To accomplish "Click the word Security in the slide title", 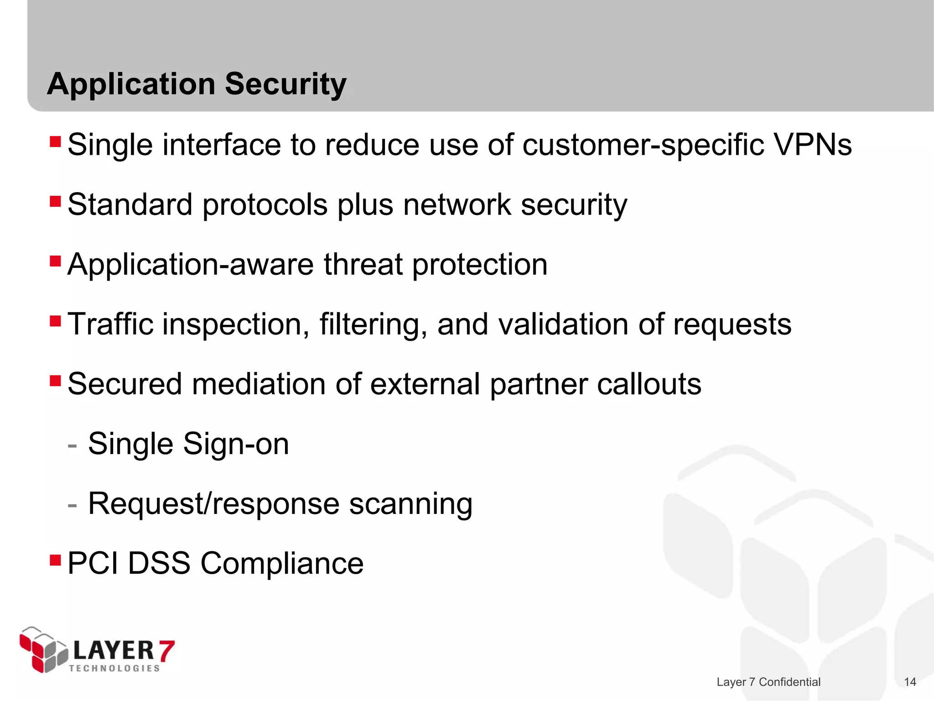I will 285,85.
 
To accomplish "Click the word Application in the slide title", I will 131,85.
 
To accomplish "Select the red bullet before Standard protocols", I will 55,201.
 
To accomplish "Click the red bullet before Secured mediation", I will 55,380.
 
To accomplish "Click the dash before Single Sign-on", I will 72,445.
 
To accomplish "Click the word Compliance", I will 282,564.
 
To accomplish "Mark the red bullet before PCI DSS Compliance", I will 55,560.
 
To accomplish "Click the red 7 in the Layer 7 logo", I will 166,650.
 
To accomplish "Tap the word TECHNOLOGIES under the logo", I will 114,668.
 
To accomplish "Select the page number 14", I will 910,682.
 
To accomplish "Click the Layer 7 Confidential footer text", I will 768,682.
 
